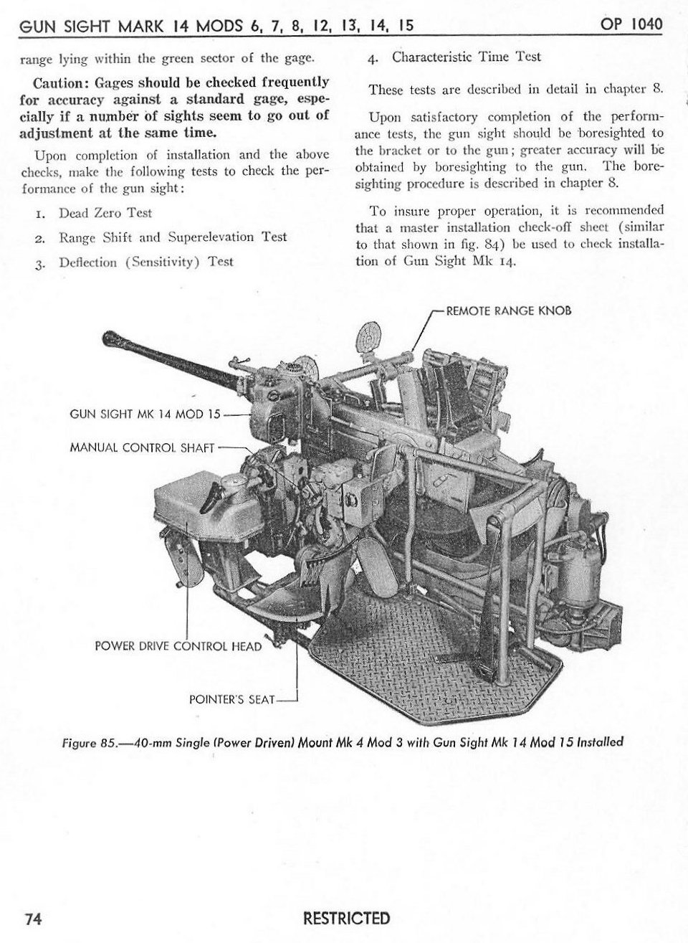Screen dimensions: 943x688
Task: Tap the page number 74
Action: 34,919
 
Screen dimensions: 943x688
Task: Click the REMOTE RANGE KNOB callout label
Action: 508,311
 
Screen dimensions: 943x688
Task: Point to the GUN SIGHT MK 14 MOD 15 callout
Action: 147,414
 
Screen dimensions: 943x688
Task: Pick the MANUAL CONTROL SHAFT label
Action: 142,447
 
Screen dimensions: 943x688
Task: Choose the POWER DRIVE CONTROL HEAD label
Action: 178,646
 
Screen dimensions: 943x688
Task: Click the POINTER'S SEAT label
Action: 231,698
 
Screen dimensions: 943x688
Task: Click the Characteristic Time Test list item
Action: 466,57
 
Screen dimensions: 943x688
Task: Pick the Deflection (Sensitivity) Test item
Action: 145,262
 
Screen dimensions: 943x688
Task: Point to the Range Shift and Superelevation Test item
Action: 172,237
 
